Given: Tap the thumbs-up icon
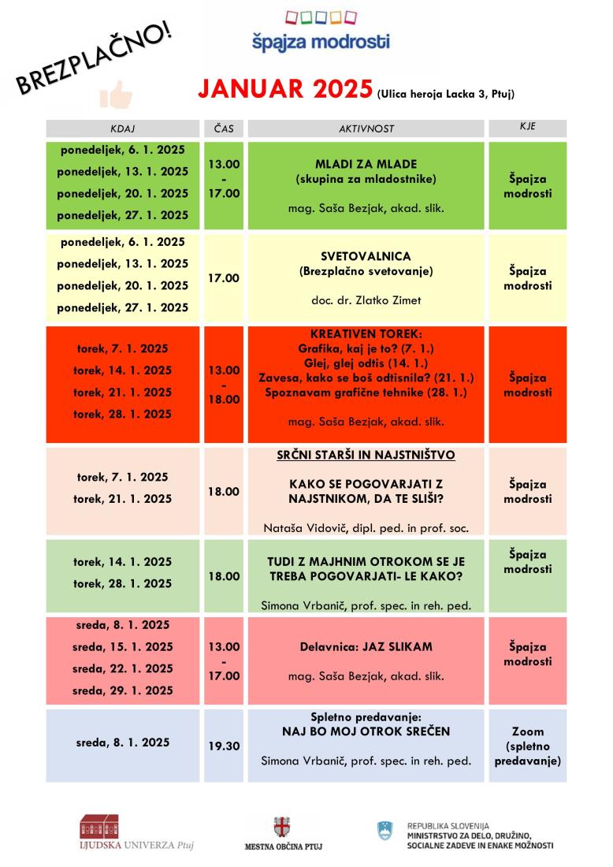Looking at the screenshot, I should (115, 95).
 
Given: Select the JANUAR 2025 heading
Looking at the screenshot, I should (285, 90).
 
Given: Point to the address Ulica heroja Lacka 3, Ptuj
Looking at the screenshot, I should (446, 95).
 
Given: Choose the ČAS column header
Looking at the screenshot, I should (224, 128).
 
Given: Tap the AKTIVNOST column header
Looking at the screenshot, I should (366, 128).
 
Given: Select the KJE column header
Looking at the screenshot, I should (527, 127).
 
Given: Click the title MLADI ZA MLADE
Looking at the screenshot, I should (366, 165).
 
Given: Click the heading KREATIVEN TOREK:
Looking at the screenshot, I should (366, 334).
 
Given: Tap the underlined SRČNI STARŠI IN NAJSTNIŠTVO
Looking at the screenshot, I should (366, 456).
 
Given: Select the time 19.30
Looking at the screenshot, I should (224, 746).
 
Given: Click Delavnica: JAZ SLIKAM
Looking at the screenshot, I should (366, 647).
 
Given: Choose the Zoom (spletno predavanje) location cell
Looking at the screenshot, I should (527, 746).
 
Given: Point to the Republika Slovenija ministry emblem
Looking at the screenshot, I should (385, 829).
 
